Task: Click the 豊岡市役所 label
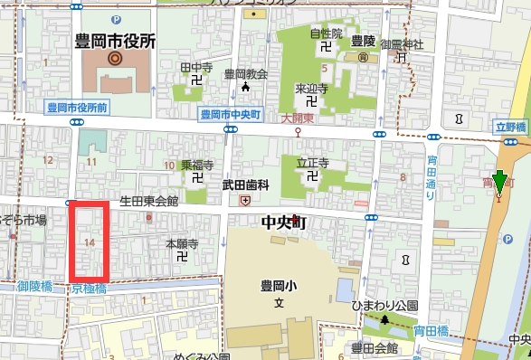pos(115,41)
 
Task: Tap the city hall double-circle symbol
pos(115,59)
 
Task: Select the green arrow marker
pos(499,183)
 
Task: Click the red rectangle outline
pos(90,242)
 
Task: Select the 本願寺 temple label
pos(182,243)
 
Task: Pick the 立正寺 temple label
pos(311,163)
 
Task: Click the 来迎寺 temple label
pos(310,90)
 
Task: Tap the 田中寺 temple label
pos(195,67)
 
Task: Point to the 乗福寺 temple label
pos(196,166)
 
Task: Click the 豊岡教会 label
pos(245,74)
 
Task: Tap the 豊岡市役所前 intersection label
pos(79,108)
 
